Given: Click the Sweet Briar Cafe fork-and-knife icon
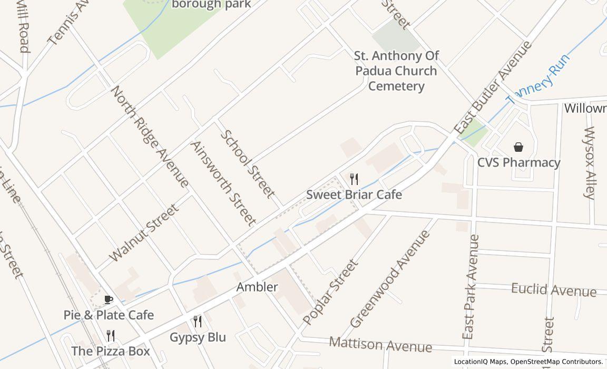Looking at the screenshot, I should tap(354, 179).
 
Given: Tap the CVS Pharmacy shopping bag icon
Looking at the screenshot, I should tap(518, 147).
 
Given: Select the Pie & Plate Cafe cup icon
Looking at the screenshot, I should tap(109, 300).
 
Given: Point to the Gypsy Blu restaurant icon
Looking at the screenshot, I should tap(198, 321).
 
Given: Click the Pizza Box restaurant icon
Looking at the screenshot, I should tap(111, 335).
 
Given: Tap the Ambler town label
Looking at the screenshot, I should tap(257, 287).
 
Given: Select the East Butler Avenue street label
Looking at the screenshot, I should tap(492, 88).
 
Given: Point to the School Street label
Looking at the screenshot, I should tap(247, 164).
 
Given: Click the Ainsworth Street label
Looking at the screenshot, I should tap(223, 183).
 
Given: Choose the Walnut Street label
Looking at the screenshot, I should tap(144, 233).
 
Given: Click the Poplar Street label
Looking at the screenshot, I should tap(330, 292).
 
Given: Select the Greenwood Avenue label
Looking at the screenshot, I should tap(389, 279).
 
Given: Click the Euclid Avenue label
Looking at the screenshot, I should tap(553, 290).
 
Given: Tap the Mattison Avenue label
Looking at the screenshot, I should tap(380, 345).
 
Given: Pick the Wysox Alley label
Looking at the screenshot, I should tap(589, 162).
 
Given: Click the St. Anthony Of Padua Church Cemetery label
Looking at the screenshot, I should tap(396, 71).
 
